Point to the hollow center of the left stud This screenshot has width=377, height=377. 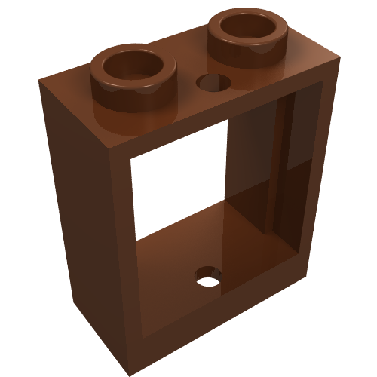[x=127, y=66]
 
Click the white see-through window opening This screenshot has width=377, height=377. [x=177, y=188]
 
